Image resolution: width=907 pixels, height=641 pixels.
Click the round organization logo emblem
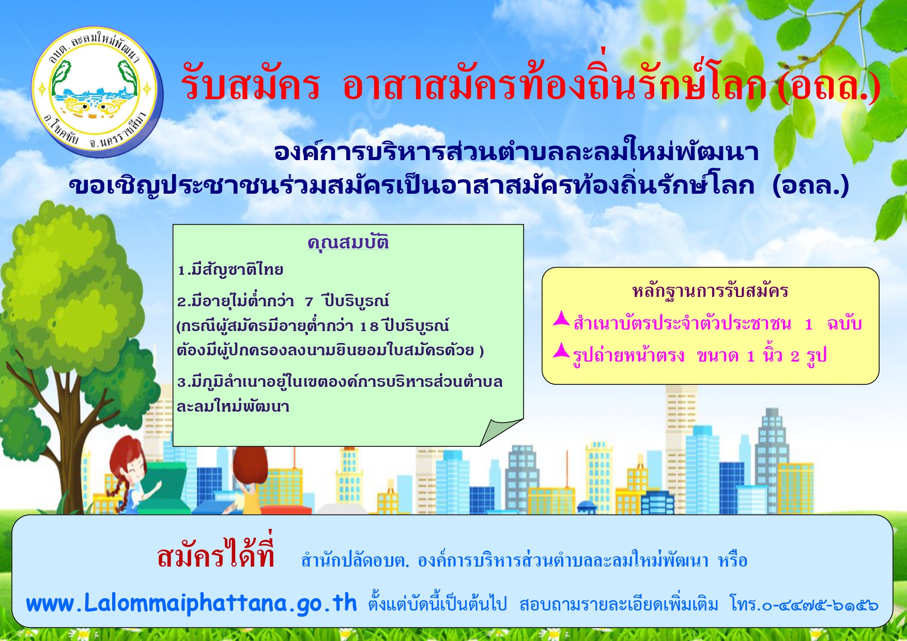tap(97, 92)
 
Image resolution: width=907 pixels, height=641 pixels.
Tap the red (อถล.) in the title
tap(828, 86)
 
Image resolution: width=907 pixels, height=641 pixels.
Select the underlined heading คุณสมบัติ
tap(348, 242)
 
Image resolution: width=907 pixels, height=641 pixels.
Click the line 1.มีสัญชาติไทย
tap(230, 270)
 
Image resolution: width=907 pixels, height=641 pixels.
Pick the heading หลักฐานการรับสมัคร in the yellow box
tap(710, 291)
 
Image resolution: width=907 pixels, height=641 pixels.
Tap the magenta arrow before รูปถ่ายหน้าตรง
tap(561, 351)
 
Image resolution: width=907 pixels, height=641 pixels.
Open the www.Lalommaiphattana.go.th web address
tap(191, 603)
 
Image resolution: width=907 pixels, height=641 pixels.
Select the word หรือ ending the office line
tap(733, 560)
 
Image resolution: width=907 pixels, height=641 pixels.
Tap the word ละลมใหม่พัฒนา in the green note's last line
tap(233, 407)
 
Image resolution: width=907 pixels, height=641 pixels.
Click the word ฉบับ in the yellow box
tap(844, 324)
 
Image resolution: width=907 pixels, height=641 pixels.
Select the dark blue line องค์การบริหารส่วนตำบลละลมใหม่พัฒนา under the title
tap(516, 151)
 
